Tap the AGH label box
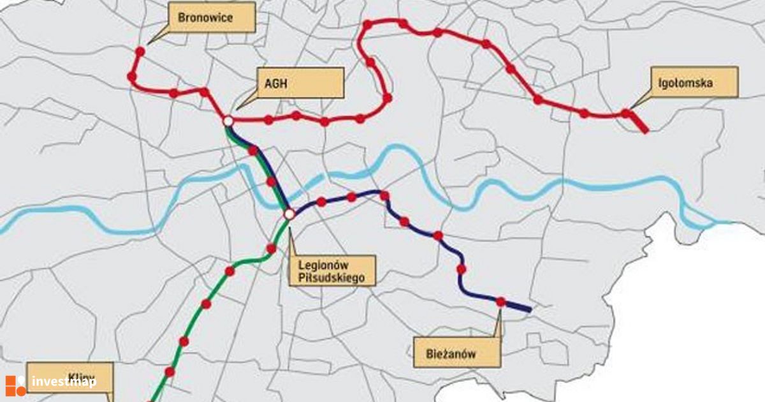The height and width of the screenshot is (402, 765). click(x=299, y=82)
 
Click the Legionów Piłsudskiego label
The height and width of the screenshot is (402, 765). click(x=331, y=271)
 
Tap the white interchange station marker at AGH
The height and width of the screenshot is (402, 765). click(x=228, y=120)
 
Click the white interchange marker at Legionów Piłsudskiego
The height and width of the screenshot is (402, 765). click(x=289, y=214)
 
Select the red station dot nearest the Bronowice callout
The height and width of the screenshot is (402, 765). click(x=140, y=50)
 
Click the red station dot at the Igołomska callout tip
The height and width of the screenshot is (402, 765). click(x=626, y=113)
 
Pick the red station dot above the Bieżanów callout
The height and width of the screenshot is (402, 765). click(x=501, y=301)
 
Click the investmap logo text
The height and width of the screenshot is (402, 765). click(x=64, y=382)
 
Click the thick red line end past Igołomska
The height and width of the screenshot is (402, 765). click(x=645, y=129)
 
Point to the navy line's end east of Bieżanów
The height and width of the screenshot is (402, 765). click(x=529, y=309)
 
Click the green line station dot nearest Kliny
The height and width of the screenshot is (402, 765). click(x=170, y=371)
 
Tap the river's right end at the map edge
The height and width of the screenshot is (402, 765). click(x=730, y=223)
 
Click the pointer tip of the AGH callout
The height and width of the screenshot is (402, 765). click(x=237, y=108)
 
